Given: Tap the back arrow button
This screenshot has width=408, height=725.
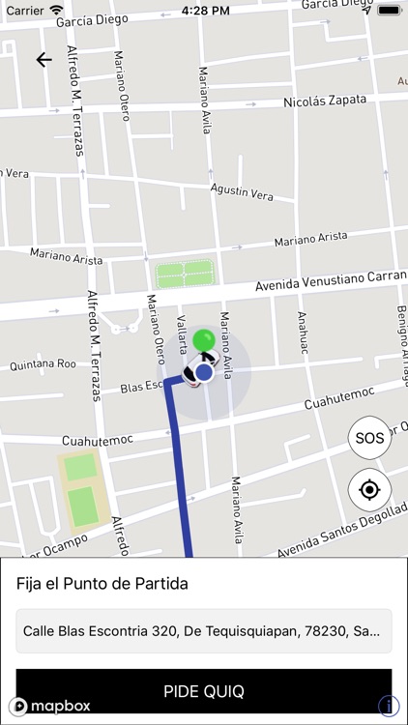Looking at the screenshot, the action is coord(44,60).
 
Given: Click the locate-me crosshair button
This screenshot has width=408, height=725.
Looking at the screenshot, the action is coord(369,490).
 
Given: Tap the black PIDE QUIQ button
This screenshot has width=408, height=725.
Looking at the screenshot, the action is coord(204,691).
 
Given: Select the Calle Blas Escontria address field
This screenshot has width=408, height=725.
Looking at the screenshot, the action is coord(204,631).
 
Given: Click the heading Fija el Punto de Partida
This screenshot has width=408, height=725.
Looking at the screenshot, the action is coord(102,584).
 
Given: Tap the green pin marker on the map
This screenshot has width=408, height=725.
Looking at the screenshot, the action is coord(203,341).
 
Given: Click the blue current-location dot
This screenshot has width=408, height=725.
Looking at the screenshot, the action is coord(203,372).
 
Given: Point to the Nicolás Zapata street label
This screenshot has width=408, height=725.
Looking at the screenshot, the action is coord(325,101).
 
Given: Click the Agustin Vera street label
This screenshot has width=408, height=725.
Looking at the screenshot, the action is coord(242,191).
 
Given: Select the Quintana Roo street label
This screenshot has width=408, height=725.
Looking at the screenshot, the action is coord(43,365).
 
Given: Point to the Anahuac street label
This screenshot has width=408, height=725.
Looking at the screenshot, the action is coord(304,333).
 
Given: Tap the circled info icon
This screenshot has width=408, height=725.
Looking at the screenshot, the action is coord(388,706).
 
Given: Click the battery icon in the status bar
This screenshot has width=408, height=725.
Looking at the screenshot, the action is coord(389,10).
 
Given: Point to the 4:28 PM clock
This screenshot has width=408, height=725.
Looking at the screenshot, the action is coord(204,10).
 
